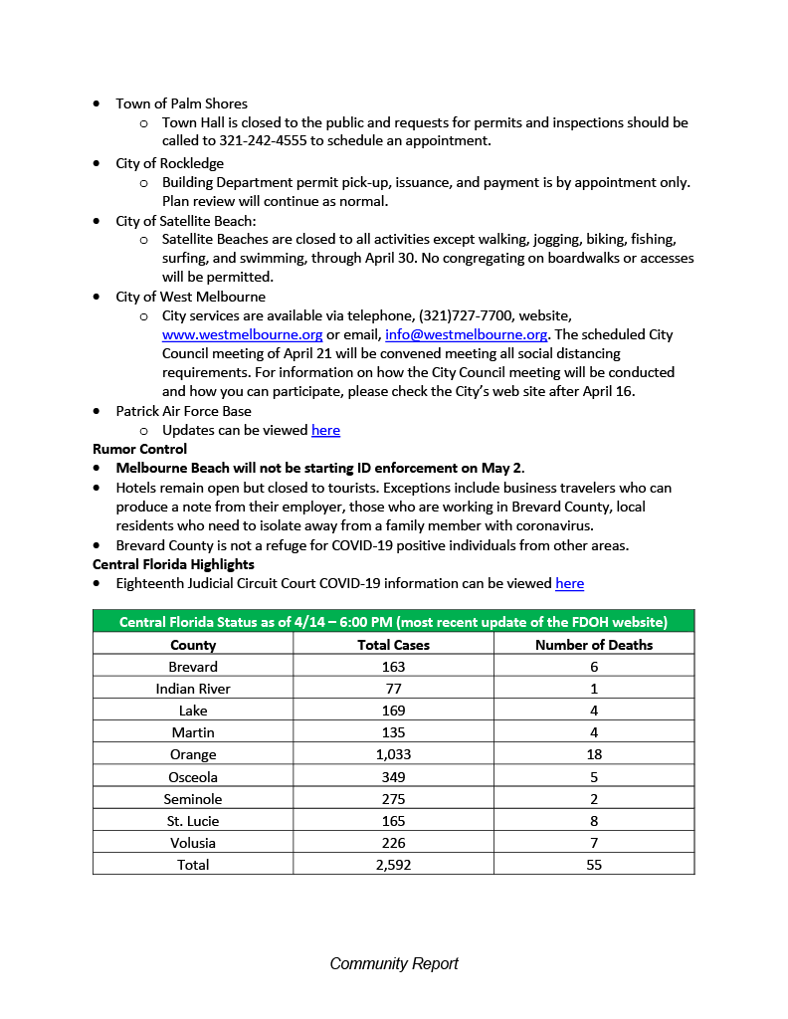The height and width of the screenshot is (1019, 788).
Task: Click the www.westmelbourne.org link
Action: point(242,334)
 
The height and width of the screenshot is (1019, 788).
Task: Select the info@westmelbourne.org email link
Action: point(466,334)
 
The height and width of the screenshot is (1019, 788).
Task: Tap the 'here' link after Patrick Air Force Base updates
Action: point(325,430)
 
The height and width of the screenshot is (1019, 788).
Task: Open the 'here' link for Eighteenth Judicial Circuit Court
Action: point(569,583)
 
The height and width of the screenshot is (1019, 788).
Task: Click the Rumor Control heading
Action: point(139,449)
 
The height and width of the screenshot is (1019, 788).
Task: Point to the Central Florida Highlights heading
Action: point(173,564)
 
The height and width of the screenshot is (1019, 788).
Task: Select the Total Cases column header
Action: point(393,645)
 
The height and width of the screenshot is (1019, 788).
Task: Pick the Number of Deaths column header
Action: point(594,645)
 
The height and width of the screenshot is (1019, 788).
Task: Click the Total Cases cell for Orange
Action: point(393,754)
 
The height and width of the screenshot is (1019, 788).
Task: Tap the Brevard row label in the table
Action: point(193,667)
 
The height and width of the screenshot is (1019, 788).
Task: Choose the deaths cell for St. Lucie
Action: point(594,821)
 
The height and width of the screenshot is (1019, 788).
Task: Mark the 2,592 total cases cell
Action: point(393,865)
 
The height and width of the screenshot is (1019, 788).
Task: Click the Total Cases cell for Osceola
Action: point(393,776)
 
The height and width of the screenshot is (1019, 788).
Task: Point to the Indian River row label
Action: point(193,689)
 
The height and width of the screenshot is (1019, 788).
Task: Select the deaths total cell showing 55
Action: point(594,865)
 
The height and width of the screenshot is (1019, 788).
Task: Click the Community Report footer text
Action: point(394,963)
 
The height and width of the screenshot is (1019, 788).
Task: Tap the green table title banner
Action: point(393,622)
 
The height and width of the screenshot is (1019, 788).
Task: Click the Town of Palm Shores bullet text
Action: point(181,103)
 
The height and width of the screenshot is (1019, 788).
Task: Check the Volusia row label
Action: point(193,843)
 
